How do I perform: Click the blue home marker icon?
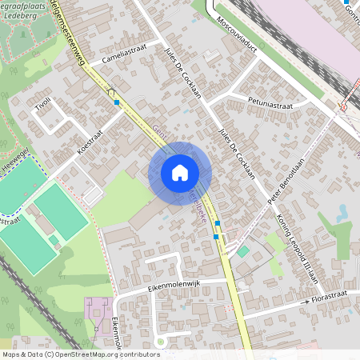pyautogui.click(x=180, y=173)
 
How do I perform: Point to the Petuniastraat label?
pyautogui.click(x=270, y=104)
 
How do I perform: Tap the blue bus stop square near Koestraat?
pyautogui.click(x=117, y=102)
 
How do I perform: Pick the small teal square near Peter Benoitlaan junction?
pyautogui.click(x=242, y=251)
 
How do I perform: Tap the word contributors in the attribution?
pyautogui.click(x=141, y=354)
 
